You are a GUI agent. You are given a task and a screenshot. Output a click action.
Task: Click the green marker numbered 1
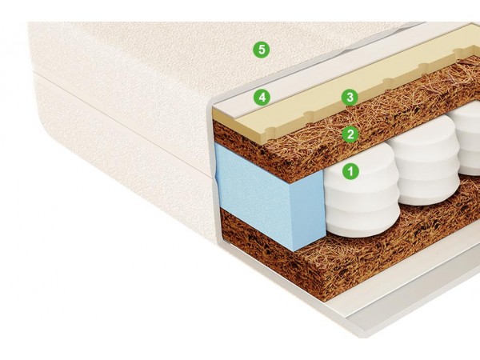(x=351, y=171)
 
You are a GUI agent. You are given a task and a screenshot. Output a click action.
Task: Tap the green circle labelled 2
(x=350, y=134)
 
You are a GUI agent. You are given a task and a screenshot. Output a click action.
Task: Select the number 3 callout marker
(x=350, y=98)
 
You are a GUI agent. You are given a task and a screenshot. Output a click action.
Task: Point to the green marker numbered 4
(x=262, y=98)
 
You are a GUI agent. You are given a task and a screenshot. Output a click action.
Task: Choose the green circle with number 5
(x=262, y=49)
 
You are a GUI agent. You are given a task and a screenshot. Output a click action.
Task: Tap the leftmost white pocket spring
(x=362, y=196)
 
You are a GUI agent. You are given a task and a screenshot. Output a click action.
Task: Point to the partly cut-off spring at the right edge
(x=468, y=138)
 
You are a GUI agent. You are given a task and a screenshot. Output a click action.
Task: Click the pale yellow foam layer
(x=306, y=110)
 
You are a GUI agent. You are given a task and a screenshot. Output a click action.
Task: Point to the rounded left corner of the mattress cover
(x=46, y=122)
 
